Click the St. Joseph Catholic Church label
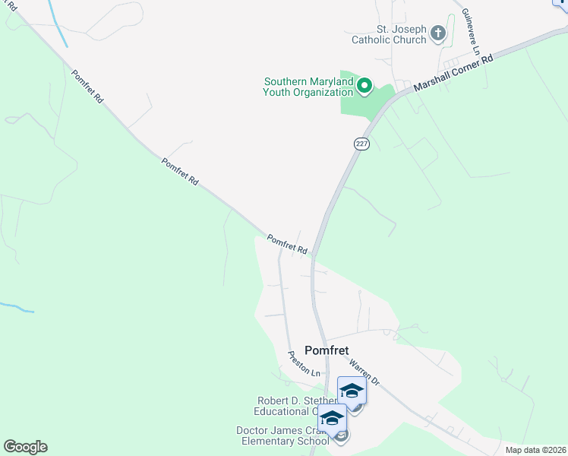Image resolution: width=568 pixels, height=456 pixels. pyautogui.click(x=389, y=34)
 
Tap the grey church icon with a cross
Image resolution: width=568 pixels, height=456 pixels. pyautogui.click(x=438, y=33)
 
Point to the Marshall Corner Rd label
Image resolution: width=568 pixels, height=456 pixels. pyautogui.click(x=453, y=74)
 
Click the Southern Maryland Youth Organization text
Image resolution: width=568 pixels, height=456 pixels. pyautogui.click(x=308, y=87)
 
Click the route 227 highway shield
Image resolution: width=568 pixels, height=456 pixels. pyautogui.click(x=361, y=143)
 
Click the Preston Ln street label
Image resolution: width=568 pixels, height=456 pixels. pyautogui.click(x=304, y=363)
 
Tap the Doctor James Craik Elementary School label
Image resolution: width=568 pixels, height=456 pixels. pyautogui.click(x=282, y=435)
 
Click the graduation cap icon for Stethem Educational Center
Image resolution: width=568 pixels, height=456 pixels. pyautogui.click(x=352, y=391)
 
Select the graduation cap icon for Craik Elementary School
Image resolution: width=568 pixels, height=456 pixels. pyautogui.click(x=332, y=419)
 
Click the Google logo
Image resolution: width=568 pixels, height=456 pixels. pyautogui.click(x=25, y=447)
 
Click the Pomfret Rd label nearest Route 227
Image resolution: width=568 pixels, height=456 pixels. pyautogui.click(x=287, y=244)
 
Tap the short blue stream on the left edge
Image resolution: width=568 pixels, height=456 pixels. pyautogui.click(x=17, y=308)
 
